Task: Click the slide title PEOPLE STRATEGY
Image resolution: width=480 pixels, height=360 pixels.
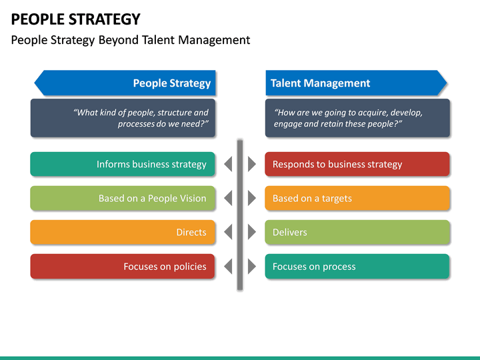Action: [x=76, y=19]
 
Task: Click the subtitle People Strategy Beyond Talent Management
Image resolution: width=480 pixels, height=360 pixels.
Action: [x=131, y=40]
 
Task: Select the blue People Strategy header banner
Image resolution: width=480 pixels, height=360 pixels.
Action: [x=125, y=83]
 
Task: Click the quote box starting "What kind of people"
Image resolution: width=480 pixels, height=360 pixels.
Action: [x=123, y=118]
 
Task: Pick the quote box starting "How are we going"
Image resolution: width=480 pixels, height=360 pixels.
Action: [x=357, y=118]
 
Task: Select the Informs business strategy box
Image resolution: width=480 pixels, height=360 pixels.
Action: [x=123, y=164]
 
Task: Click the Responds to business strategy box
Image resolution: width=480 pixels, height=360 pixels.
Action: [x=357, y=164]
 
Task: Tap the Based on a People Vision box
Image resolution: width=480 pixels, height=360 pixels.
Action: [x=123, y=198]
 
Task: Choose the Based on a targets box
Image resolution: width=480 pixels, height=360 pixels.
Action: [x=357, y=198]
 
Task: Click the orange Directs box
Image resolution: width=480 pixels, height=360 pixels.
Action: [x=123, y=232]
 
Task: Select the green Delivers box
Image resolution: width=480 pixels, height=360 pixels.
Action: [x=357, y=232]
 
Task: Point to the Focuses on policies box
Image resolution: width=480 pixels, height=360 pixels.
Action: [x=123, y=267]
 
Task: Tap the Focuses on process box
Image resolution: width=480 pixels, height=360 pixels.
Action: [x=357, y=267]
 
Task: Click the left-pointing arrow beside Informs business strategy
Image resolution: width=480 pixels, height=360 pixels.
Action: [x=228, y=164]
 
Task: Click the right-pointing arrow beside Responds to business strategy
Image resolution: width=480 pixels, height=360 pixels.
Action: [x=251, y=164]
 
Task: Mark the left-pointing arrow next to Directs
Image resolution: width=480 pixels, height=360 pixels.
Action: [x=228, y=232]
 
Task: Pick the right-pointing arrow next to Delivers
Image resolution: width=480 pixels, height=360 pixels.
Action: [x=251, y=232]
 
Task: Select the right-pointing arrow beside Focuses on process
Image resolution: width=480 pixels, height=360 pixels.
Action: [x=251, y=267]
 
